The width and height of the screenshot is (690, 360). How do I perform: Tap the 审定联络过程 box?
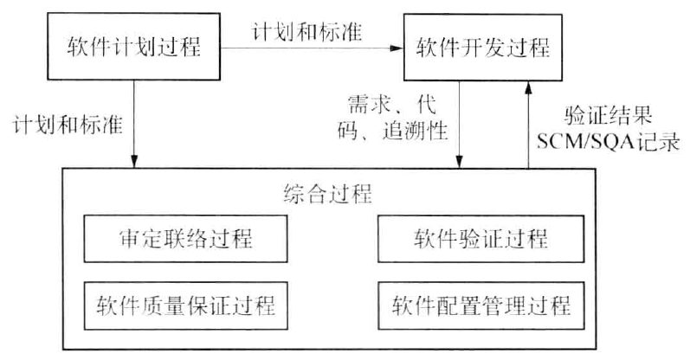187,237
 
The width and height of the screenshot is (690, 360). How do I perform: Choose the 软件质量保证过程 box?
187,305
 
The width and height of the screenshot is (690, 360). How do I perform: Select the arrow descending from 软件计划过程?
133,121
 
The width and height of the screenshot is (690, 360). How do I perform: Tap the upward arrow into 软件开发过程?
527,121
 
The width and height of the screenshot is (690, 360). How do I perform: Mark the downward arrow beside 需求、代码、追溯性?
459,121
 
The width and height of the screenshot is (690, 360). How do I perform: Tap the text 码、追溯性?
390,131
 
